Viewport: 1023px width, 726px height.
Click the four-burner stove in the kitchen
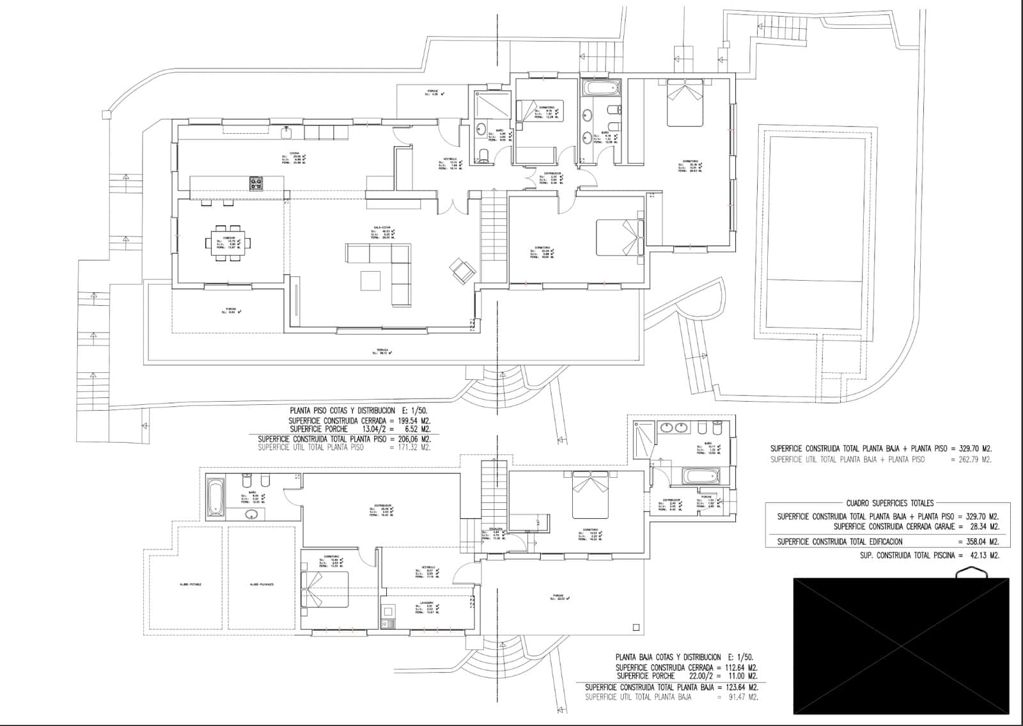[x=256, y=184]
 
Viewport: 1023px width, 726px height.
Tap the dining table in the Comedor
[x=228, y=242]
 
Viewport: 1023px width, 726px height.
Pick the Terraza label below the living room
[x=382, y=351]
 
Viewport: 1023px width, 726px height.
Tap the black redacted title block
[x=901, y=645]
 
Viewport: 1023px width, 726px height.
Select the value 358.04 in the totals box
[x=968, y=541]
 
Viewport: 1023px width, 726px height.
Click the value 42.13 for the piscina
[x=971, y=555]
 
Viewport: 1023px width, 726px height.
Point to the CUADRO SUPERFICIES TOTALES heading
[x=890, y=503]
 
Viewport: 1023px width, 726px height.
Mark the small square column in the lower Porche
[x=635, y=627]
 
